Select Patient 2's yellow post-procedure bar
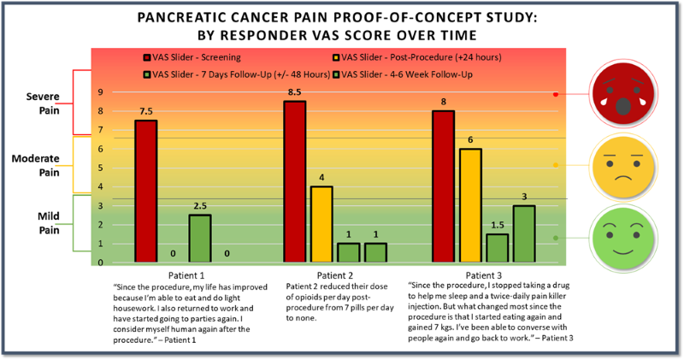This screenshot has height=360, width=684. click(322, 223)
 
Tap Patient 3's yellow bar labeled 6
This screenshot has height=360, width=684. click(469, 204)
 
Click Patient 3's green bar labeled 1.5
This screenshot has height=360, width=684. click(496, 247)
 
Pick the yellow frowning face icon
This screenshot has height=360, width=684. click(622, 165)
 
